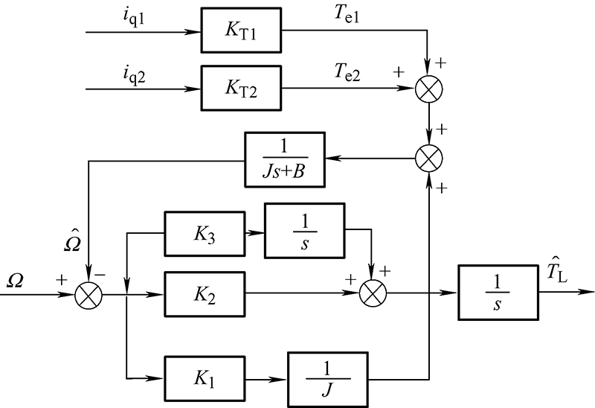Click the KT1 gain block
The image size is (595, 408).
coord(241,30)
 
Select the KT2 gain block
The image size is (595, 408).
coord(241,88)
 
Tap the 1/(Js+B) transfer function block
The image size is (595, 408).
coord(285,159)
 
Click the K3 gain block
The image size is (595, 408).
coord(205,234)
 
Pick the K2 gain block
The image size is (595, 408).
coord(205,294)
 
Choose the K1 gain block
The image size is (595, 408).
coord(205,379)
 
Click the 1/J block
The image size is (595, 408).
coord(328,380)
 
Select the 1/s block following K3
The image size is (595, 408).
coord(305,231)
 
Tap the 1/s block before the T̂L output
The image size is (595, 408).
coord(498,293)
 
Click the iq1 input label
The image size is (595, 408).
coord(134,18)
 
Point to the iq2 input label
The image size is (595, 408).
coord(134,75)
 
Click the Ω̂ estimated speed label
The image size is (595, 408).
coord(72,240)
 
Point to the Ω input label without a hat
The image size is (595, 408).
coord(14,281)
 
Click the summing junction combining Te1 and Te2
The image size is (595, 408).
coord(429,89)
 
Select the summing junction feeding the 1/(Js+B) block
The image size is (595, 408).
coord(429,158)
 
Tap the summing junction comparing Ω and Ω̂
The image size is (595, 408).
coord(89,296)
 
